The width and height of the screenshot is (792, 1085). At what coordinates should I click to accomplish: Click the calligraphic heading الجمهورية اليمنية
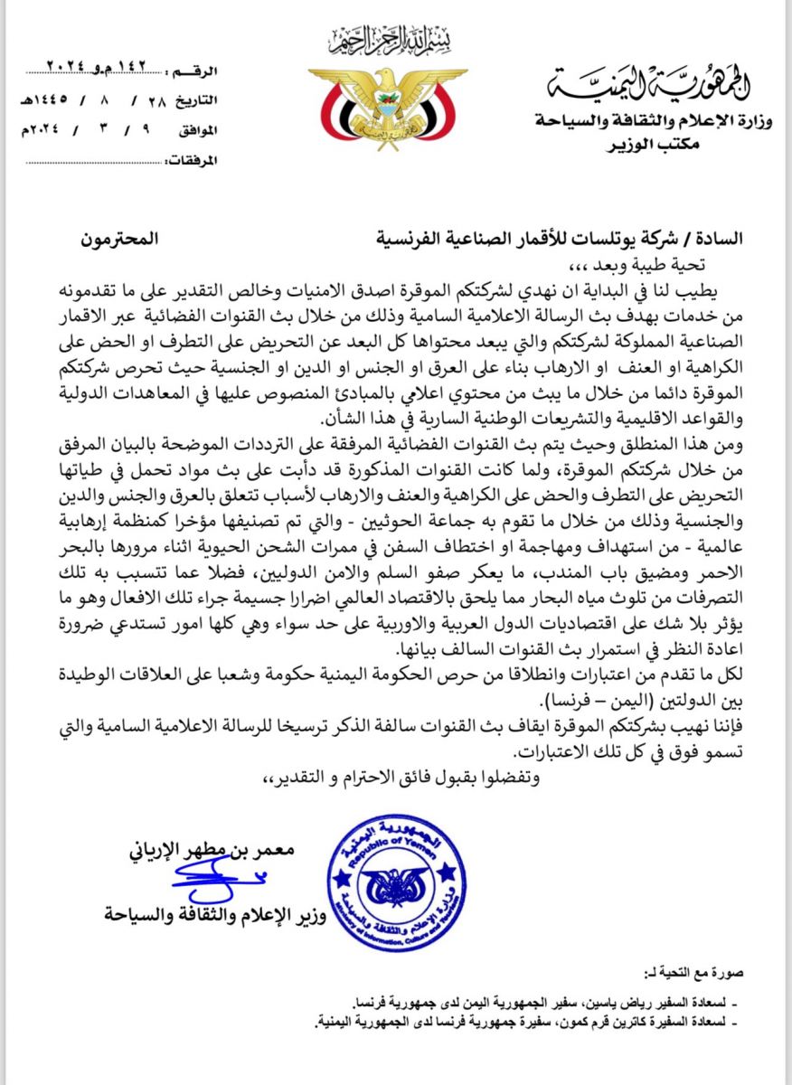[650, 86]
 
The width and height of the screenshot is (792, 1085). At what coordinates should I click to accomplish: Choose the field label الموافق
[196, 131]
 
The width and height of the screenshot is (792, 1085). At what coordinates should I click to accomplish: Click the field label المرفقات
[191, 162]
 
